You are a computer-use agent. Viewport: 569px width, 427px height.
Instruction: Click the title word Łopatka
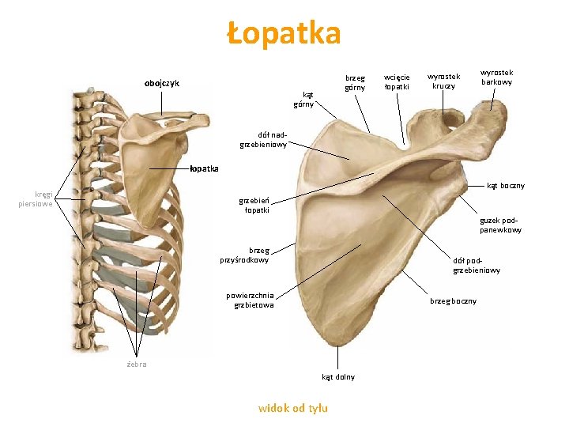point(284,34)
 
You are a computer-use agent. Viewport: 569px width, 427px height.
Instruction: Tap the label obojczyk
point(161,83)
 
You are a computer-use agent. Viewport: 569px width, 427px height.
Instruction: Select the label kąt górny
point(303,99)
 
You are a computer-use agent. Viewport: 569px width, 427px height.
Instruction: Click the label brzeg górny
point(355,83)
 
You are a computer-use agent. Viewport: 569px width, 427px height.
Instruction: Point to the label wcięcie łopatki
point(397,81)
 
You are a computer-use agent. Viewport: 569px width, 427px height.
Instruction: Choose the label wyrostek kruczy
point(444,81)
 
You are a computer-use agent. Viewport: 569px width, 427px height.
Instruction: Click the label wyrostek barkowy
point(496,77)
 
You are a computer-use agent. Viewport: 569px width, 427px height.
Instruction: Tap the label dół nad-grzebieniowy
point(264,139)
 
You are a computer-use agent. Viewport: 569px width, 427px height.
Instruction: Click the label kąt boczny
point(505,186)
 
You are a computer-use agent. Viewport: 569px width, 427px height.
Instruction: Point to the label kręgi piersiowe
point(37,198)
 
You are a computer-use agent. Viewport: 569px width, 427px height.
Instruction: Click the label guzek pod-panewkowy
point(500,225)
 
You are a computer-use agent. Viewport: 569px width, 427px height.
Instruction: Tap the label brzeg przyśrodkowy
point(244,255)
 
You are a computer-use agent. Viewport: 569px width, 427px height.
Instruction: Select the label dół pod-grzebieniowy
point(477,265)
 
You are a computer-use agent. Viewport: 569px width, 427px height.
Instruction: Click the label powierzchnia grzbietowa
point(250,300)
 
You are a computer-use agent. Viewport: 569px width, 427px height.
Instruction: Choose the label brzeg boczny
point(453,300)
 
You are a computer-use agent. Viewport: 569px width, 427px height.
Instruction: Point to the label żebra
point(137,364)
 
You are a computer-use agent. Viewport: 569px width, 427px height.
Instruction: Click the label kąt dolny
point(338,376)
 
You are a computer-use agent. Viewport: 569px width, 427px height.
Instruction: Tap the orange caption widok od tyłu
point(293,408)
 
